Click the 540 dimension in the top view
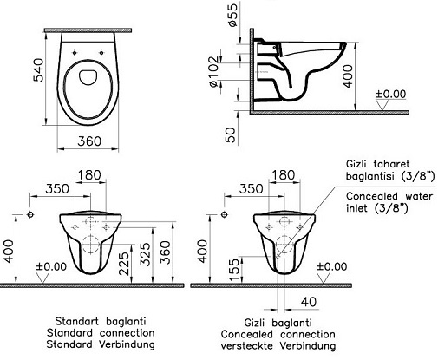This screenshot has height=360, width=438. tap(38, 70)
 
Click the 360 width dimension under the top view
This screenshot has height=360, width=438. tap(89, 141)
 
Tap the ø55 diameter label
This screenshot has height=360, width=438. tap(232, 16)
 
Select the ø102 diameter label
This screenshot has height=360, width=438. tap(214, 72)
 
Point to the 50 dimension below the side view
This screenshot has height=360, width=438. tap(231, 135)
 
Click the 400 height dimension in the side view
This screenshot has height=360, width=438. tap(348, 76)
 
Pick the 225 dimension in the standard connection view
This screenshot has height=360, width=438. tap(124, 264)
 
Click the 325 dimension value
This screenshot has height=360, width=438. tap(146, 254)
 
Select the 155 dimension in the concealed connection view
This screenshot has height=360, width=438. tap(234, 269)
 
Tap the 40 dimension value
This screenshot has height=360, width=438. tap(309, 302)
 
